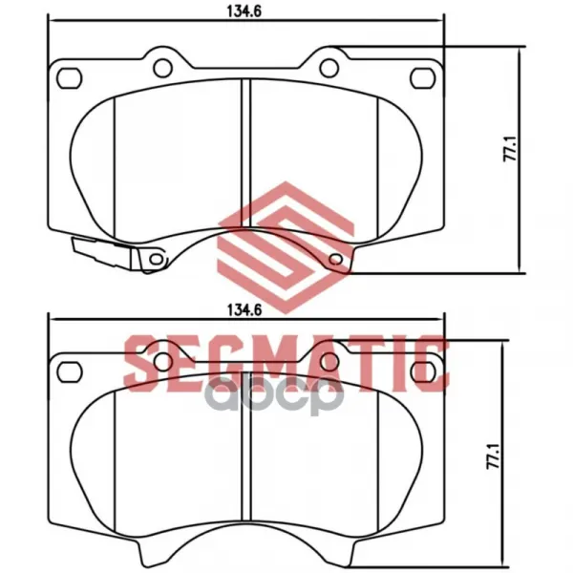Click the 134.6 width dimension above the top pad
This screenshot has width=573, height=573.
(x=244, y=11)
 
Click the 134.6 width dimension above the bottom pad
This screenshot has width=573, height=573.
(x=244, y=309)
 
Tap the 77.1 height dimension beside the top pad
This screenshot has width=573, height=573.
(x=510, y=148)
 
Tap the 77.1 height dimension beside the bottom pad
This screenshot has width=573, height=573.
(x=494, y=456)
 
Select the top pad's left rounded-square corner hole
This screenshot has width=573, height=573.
(x=69, y=78)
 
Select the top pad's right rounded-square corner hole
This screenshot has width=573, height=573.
(x=423, y=78)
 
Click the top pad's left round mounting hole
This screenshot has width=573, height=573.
(x=163, y=68)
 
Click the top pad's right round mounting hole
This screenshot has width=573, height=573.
(x=329, y=68)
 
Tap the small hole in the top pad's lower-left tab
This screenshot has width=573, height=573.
(x=157, y=259)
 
